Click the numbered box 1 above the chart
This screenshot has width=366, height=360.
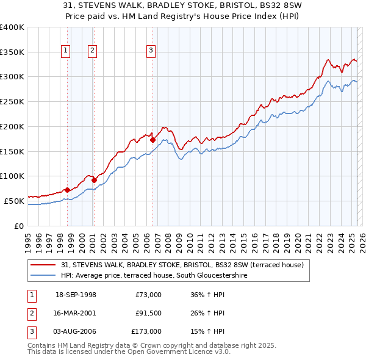click(x=65, y=51)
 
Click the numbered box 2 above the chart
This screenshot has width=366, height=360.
click(x=92, y=51)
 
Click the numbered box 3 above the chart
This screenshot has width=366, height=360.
click(x=151, y=51)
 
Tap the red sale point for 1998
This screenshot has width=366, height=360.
click(x=67, y=190)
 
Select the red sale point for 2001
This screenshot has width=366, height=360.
click(x=94, y=180)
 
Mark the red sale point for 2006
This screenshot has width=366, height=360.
click(x=152, y=140)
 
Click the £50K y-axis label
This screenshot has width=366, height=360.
click(x=13, y=201)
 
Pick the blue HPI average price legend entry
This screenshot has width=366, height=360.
click(x=162, y=276)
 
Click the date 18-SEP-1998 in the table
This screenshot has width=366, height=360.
click(x=76, y=295)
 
